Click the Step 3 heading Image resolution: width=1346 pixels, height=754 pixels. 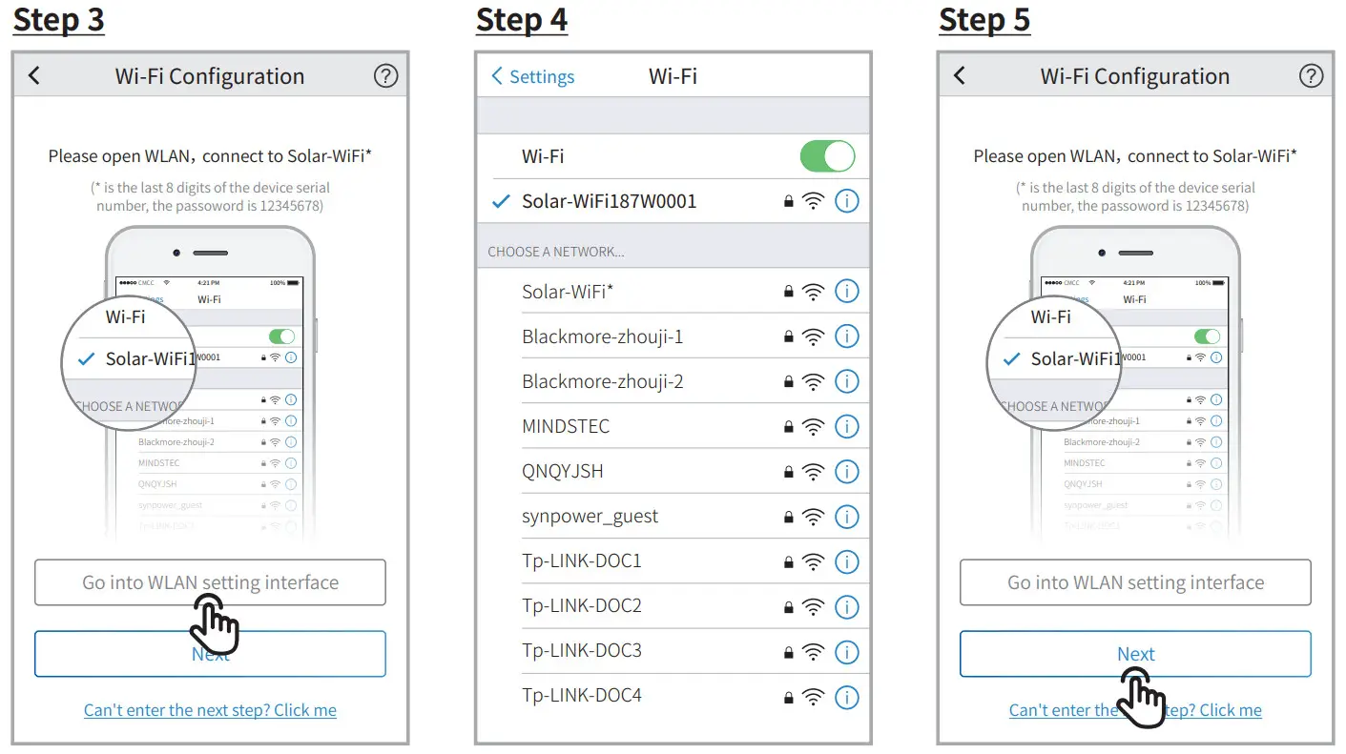[58, 20]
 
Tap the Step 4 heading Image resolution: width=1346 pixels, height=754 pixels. [521, 20]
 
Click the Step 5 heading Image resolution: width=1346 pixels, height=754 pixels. [984, 20]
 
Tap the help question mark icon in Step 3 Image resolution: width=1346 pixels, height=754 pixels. [385, 76]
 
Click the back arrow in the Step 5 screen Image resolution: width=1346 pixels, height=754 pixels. [960, 76]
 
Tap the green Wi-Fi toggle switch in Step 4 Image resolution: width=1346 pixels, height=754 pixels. [827, 156]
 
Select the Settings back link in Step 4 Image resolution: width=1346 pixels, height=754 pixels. [533, 77]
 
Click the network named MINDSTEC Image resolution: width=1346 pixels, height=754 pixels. [566, 426]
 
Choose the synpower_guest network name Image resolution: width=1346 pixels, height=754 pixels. [590, 516]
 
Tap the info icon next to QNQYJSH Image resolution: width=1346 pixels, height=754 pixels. [846, 472]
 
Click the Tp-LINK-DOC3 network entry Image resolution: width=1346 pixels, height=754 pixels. [582, 651]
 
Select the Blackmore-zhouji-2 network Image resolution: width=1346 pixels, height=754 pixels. [602, 381]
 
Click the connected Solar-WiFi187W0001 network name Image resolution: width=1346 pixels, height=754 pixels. [609, 201]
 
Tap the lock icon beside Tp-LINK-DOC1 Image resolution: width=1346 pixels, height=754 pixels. [788, 562]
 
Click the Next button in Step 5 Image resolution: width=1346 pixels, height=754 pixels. [1135, 654]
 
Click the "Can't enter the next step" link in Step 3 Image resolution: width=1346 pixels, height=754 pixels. [210, 710]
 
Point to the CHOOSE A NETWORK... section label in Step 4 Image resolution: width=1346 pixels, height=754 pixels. [556, 252]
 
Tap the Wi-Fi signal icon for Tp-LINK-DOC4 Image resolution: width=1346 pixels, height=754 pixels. [813, 697]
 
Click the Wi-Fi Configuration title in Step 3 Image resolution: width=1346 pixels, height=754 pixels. [210, 76]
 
